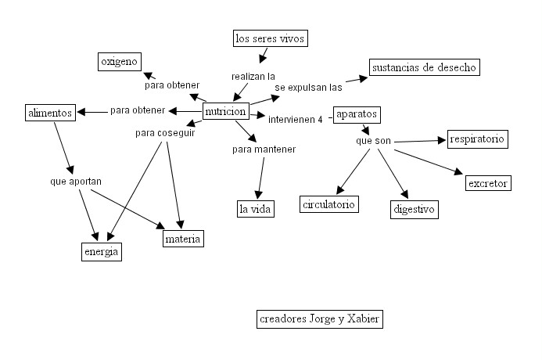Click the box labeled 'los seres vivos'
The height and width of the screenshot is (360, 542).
coord(270,38)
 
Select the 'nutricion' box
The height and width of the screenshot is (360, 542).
coord(225,112)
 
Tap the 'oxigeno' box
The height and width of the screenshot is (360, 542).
coord(119,61)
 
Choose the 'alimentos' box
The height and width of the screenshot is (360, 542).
coord(49,113)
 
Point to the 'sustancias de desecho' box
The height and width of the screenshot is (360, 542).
coord(423,67)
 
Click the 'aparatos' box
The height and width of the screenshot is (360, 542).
coord(356,114)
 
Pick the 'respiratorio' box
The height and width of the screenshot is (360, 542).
coord(477,140)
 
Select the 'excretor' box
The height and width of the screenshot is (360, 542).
coord(487,184)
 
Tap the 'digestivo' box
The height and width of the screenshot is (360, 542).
coord(414,210)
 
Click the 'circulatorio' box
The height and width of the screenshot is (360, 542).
coord(328,204)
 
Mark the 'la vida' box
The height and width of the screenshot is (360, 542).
coord(254,208)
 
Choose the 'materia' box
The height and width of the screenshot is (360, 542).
coord(183,239)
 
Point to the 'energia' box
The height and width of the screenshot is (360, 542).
coord(102,251)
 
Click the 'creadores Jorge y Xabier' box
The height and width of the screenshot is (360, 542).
coord(320,319)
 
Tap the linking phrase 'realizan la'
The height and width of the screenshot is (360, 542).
coord(253,77)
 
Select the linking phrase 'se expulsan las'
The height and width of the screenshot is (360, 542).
coord(308,88)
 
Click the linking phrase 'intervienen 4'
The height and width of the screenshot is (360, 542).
coord(296,120)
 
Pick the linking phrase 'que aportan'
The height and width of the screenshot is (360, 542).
coord(75,182)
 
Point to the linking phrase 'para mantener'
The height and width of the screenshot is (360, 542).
coord(264,149)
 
